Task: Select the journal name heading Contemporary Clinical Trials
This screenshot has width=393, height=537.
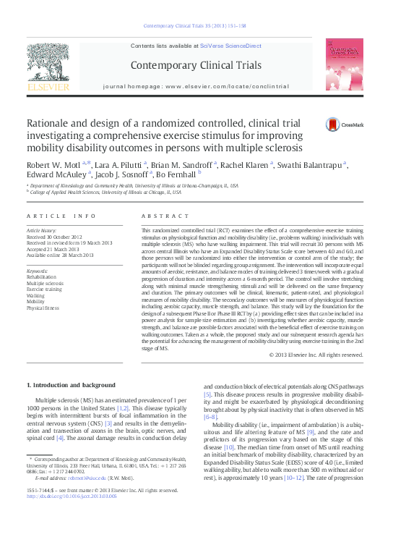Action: pyautogui.click(x=195, y=65)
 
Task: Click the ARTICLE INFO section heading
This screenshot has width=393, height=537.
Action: pyautogui.click(x=61, y=216)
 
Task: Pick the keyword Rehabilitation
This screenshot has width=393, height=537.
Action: pyautogui.click(x=43, y=277)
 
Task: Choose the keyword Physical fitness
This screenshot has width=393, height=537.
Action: pyautogui.click(x=43, y=308)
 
